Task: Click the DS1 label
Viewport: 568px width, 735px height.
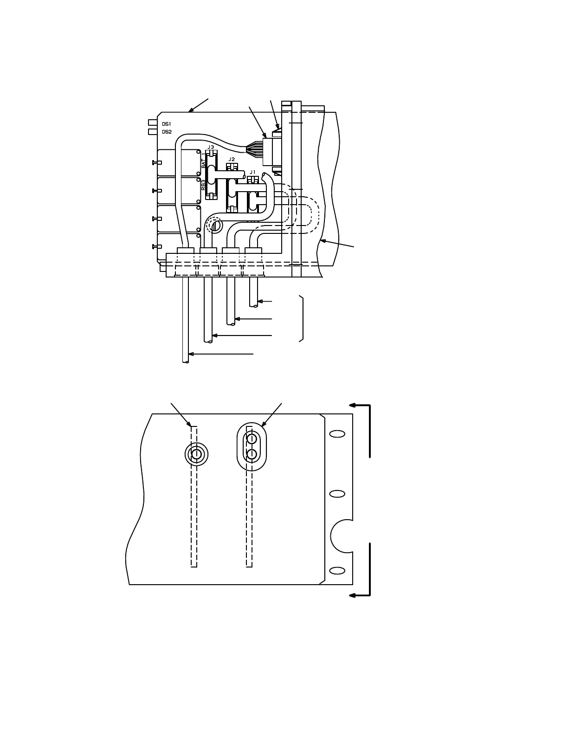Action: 167,124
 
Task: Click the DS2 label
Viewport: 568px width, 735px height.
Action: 167,132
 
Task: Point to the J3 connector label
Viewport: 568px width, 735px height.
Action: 211,147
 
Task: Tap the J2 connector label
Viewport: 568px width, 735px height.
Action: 232,159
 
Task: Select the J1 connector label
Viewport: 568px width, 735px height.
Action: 252,172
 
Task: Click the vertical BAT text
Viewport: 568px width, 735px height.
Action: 204,162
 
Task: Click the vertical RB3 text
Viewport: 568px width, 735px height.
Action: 204,185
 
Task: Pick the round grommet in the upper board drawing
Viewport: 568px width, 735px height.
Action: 215,226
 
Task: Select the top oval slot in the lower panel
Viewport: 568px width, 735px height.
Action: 337,434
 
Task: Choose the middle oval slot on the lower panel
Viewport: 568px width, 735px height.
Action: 337,494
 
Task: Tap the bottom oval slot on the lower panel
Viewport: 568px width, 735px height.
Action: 337,570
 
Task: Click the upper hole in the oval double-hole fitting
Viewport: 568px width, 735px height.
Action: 252,438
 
